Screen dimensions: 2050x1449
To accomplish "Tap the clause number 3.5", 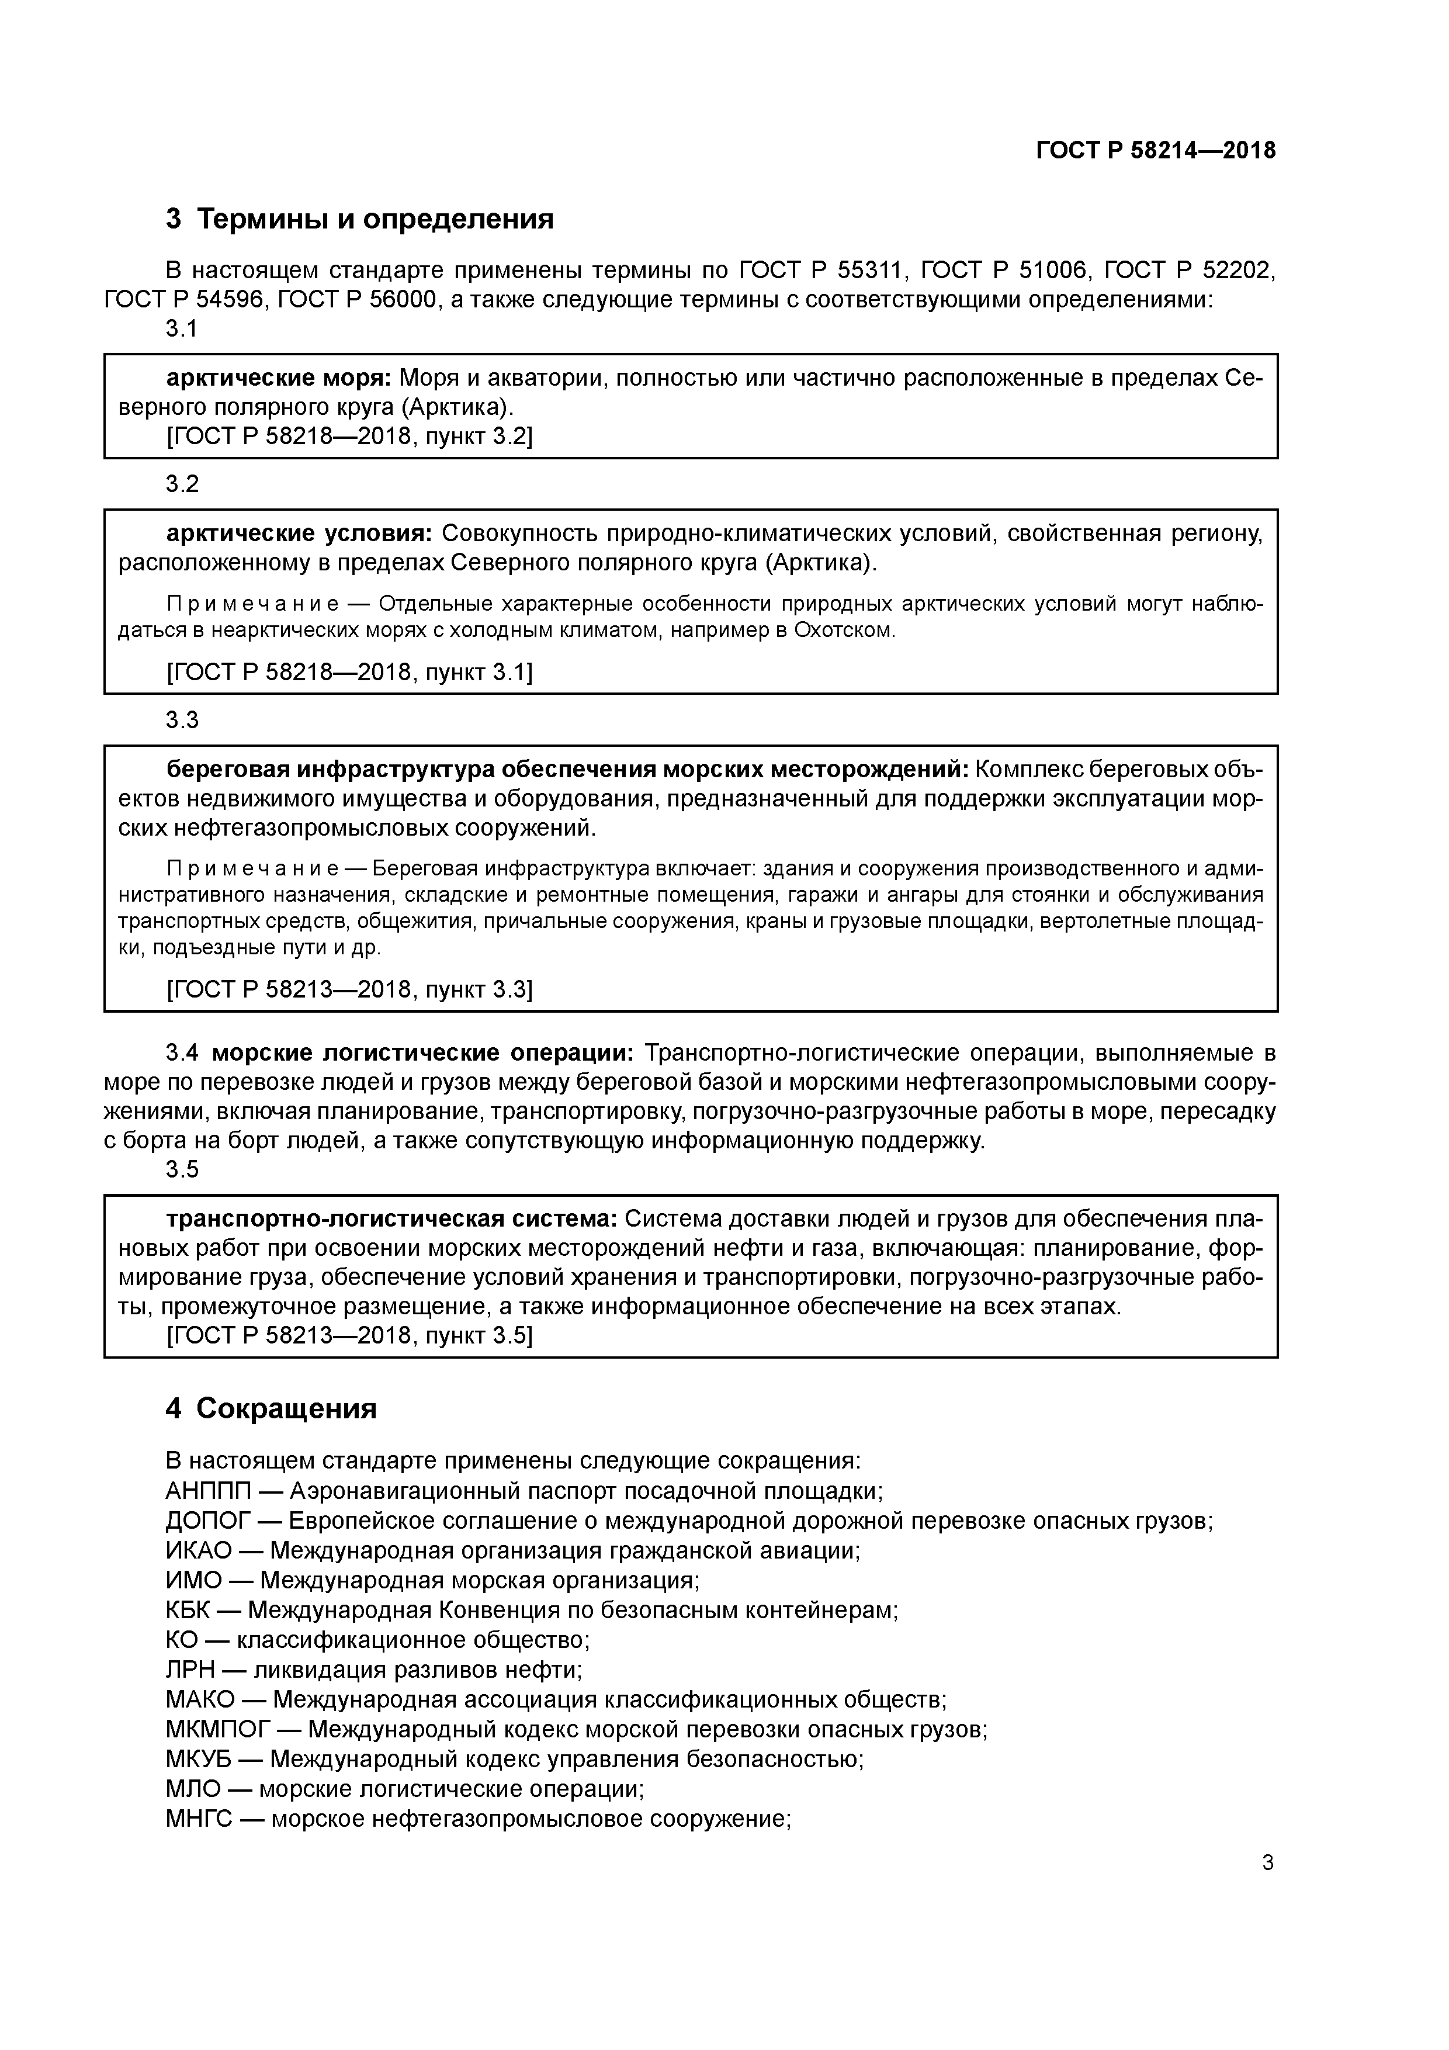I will pos(182,1170).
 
